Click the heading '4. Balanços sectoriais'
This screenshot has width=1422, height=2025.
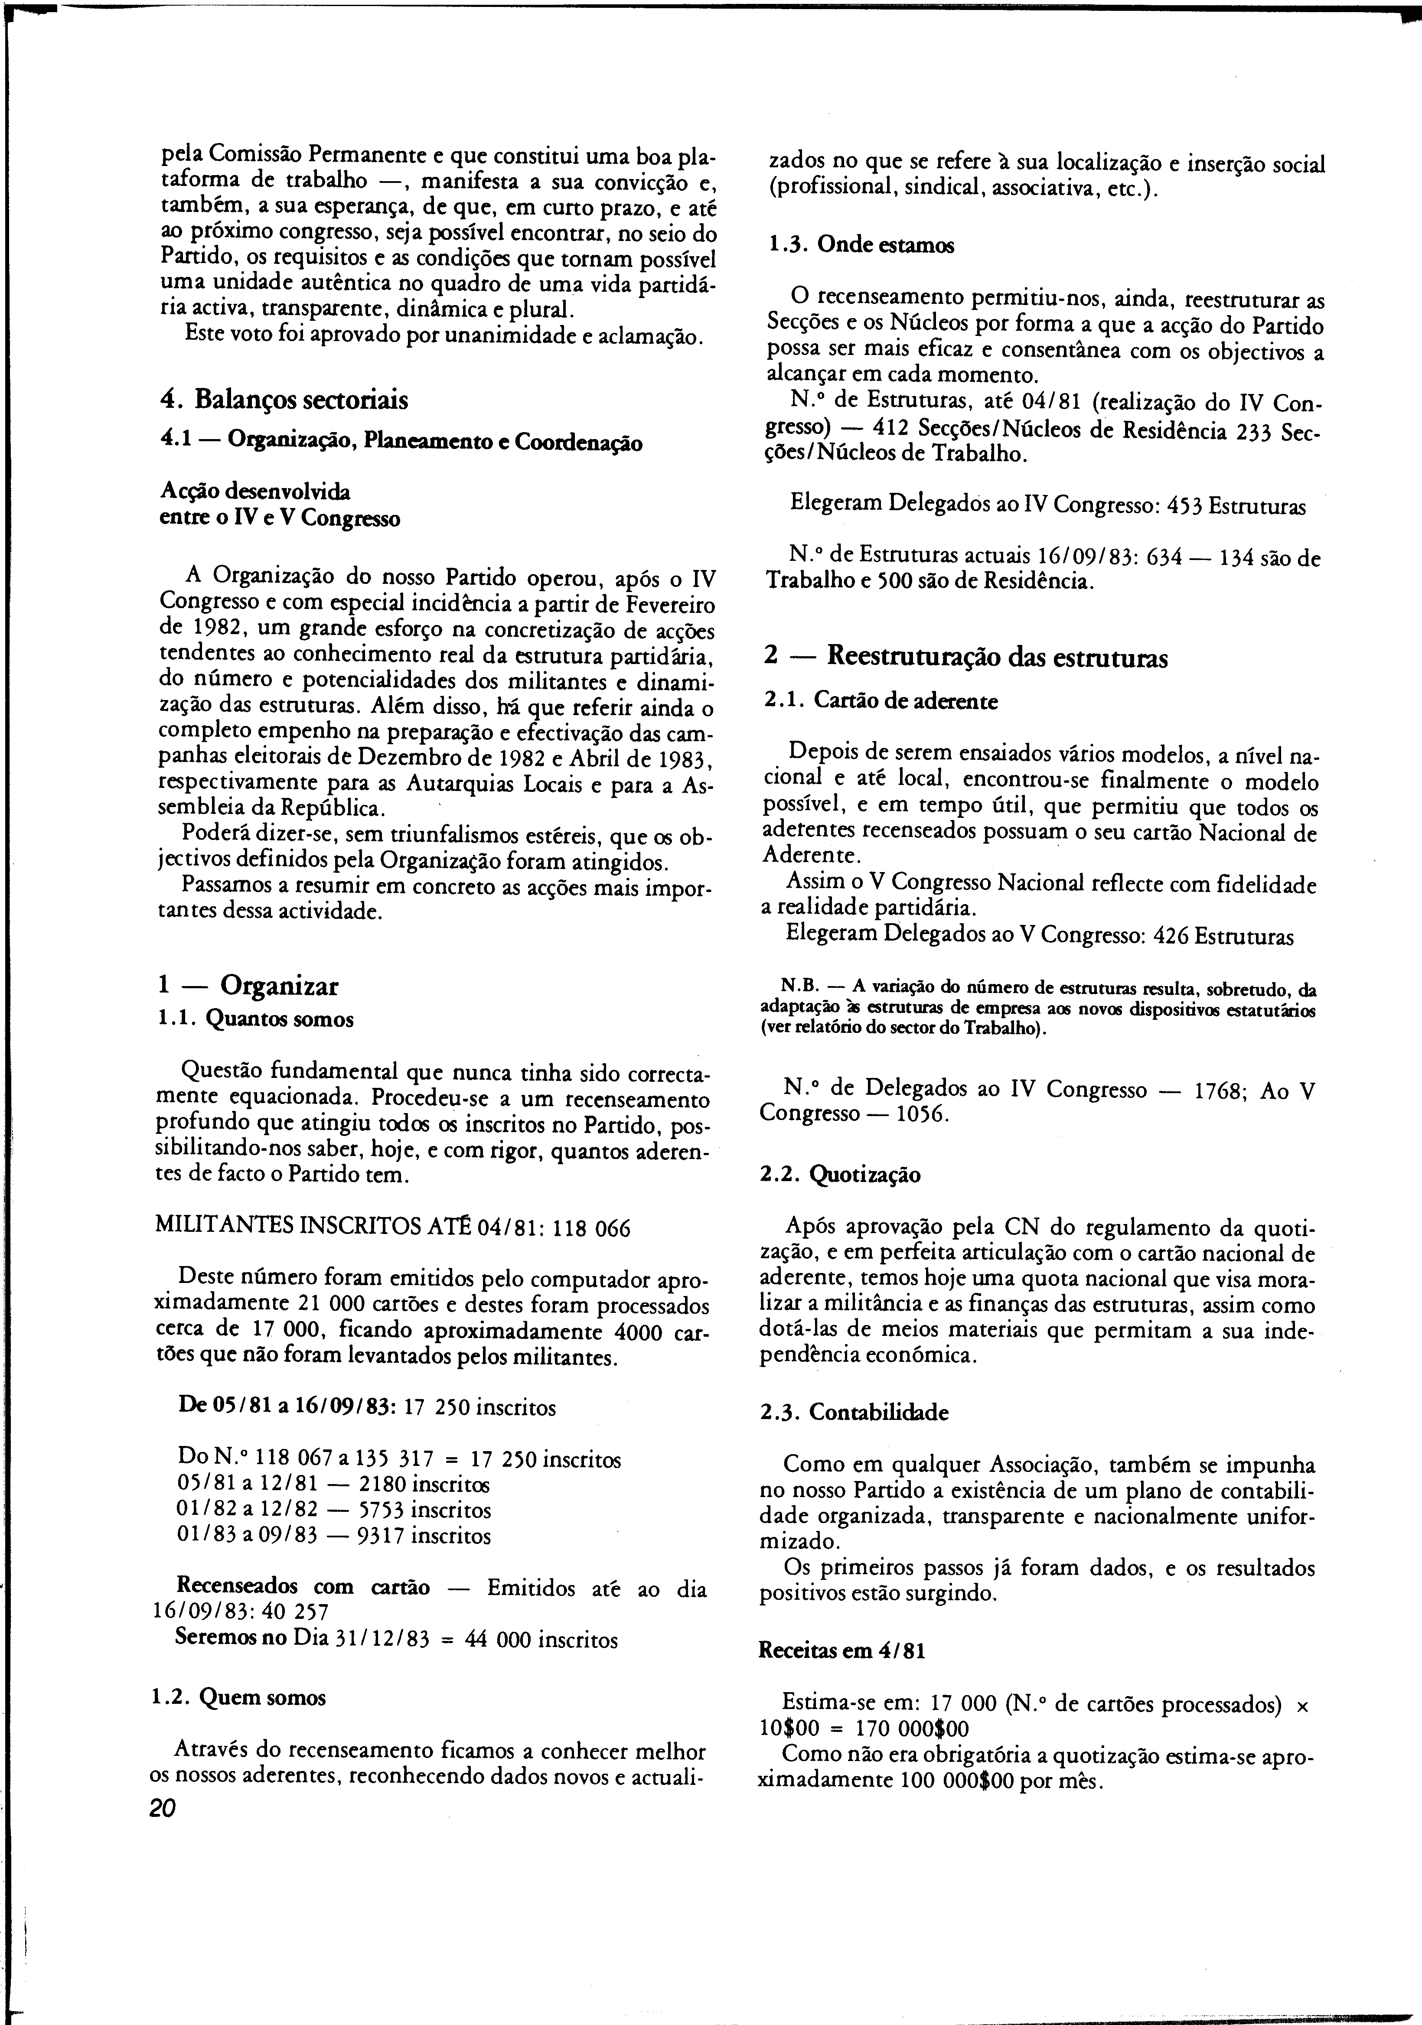click(x=285, y=400)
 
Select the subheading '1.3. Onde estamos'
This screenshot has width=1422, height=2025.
click(x=860, y=244)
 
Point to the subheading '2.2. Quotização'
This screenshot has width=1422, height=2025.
click(x=841, y=1175)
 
